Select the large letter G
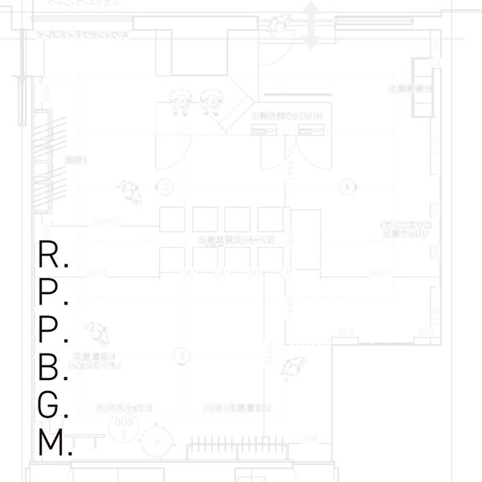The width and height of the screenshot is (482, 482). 50,406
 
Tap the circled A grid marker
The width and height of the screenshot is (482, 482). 348,186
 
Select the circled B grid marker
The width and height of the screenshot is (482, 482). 184,354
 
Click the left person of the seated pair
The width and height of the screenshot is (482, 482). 180,100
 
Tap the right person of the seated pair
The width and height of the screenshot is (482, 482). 212,100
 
